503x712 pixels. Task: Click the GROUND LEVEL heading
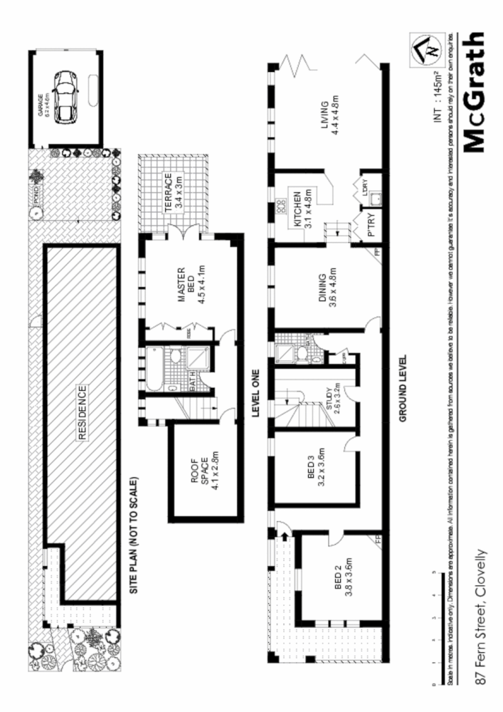pos(403,389)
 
